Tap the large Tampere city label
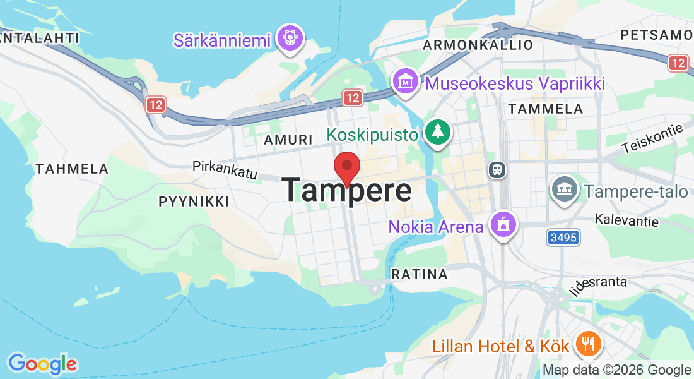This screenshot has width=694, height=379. coord(346,190)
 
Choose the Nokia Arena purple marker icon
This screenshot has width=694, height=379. coord(503,224)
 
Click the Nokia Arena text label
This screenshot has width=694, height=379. coord(436,226)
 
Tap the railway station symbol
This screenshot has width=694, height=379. coord(497,169)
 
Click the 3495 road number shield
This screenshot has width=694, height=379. coord(563,238)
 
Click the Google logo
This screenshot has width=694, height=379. coord(42,364)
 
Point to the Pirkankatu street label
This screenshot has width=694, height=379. coord(225,169)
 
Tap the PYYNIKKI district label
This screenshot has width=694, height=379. coord(194,202)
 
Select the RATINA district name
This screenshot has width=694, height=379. coord(420,274)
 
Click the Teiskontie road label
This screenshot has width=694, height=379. coord(652,138)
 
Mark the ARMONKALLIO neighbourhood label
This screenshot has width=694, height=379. coord(478,45)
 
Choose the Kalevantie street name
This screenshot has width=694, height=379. coord(626,220)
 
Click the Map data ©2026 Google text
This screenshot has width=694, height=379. coord(616,370)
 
